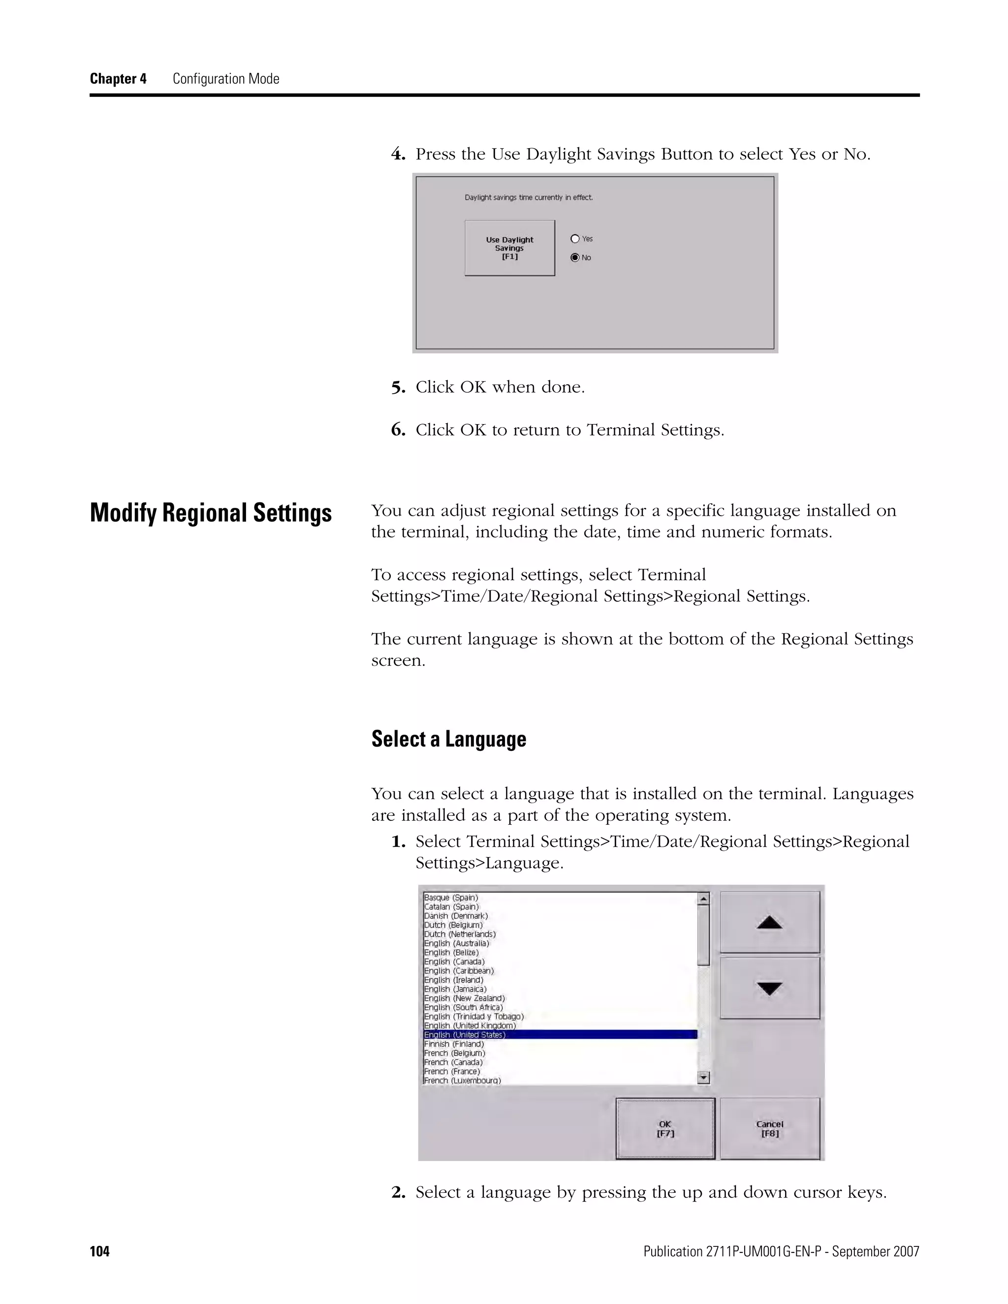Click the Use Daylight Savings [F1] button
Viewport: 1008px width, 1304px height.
509,248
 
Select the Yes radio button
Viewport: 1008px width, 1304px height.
575,239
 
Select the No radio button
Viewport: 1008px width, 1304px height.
575,257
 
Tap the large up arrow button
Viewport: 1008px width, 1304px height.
769,923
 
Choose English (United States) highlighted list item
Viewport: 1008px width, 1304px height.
465,1035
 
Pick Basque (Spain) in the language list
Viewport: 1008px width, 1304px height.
451,898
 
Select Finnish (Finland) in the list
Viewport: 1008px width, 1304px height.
454,1044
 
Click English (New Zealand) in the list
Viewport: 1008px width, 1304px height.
465,998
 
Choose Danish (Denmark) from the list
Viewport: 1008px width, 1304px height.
456,916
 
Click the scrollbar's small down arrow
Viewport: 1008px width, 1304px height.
703,1078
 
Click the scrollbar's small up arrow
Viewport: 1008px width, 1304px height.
703,898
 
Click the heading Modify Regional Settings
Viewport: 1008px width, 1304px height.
210,513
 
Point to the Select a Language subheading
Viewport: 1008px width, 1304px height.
448,739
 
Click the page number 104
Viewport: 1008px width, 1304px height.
100,1251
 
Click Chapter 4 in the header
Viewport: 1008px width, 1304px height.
118,79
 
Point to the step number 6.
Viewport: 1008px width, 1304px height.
398,430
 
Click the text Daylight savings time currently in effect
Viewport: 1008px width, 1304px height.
529,198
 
